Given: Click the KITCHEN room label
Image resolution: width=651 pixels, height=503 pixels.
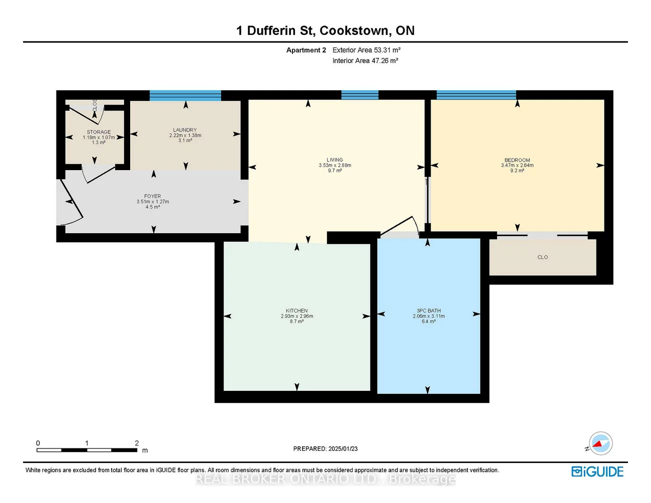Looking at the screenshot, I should (x=297, y=311).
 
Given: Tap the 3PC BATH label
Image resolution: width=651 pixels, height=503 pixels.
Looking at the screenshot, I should (x=429, y=311).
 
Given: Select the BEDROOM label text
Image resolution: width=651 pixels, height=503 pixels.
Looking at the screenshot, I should (x=517, y=160).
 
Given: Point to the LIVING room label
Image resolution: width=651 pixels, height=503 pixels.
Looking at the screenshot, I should (x=335, y=160).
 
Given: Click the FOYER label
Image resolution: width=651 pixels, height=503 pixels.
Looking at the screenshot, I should (x=153, y=197).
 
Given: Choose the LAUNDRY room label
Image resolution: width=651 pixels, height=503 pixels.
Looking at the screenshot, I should (x=185, y=130).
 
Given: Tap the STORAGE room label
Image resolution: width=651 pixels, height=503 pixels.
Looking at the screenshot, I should (x=99, y=132).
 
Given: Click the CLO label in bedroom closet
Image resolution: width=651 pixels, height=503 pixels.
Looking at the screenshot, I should (x=543, y=257).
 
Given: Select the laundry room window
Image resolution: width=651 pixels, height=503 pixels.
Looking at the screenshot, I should (x=185, y=96).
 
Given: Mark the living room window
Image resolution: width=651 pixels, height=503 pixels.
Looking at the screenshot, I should (x=360, y=95).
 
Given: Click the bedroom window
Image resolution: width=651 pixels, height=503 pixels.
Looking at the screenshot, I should (x=476, y=95).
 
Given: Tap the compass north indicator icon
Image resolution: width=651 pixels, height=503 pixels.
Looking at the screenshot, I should (x=600, y=443).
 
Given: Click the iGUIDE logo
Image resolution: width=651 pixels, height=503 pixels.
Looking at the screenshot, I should (x=597, y=471).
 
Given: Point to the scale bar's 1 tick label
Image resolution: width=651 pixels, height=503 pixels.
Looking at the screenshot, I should (x=87, y=443).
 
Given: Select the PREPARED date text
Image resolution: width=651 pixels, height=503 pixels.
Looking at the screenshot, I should (x=325, y=449).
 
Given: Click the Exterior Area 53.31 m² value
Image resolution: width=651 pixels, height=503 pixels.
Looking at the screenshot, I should (x=367, y=50).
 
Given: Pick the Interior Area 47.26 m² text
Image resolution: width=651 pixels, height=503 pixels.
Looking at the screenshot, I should (x=365, y=61).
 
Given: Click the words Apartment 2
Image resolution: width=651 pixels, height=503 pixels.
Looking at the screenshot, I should (x=306, y=50).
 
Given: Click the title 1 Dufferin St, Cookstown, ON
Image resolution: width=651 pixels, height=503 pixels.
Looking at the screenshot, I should (x=325, y=31).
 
